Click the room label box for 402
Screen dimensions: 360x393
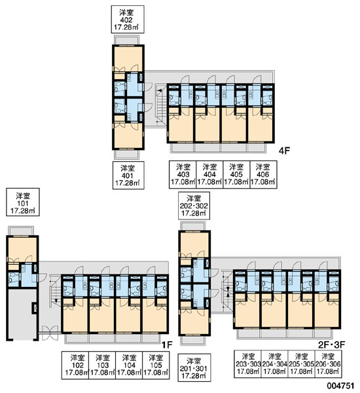128,19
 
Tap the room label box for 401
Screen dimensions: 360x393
128,175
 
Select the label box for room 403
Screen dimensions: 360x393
183,174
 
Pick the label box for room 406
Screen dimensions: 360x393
263,174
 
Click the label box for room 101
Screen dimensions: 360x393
23,202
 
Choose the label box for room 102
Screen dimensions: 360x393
75,365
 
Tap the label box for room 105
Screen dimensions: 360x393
156,365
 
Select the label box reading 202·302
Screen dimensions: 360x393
194,206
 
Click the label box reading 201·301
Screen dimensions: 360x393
194,367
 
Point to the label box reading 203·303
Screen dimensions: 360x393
248,364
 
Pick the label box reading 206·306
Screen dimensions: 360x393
328,364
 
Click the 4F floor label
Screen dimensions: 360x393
284,151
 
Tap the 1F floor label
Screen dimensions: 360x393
167,345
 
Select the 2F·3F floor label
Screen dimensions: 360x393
331,345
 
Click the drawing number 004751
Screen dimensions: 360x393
340,386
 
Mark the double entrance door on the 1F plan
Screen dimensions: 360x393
50,333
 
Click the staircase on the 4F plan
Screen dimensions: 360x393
160,105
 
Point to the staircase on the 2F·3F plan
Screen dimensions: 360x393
226,292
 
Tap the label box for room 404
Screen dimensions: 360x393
209,174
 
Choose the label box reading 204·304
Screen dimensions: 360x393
274,364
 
